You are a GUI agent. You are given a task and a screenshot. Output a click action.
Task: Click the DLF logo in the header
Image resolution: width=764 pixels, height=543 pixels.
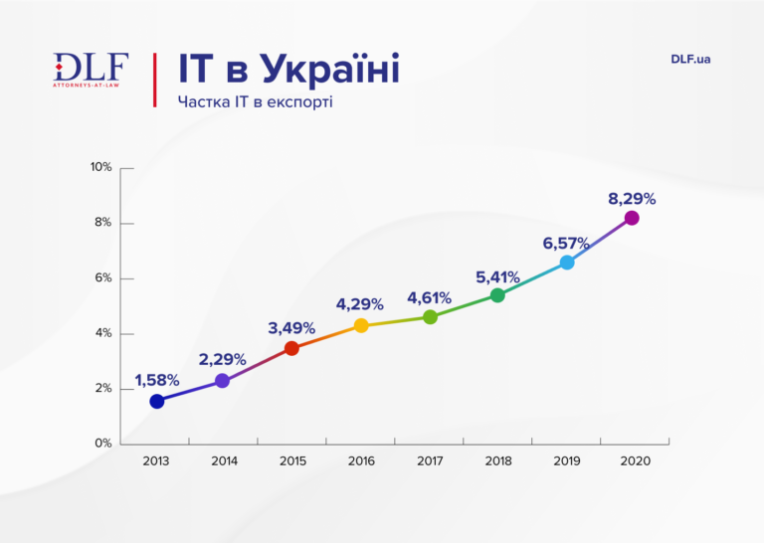91,71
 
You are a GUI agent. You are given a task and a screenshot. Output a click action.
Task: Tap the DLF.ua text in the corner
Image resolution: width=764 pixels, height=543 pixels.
690,59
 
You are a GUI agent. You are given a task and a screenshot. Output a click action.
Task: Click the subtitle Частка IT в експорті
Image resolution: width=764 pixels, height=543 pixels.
255,101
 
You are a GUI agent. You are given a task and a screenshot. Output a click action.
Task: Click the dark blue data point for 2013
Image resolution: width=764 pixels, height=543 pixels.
156,401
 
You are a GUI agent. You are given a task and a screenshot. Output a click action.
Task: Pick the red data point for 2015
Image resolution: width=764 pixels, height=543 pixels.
291,348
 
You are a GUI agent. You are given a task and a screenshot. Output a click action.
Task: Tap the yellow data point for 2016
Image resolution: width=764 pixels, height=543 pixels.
361,325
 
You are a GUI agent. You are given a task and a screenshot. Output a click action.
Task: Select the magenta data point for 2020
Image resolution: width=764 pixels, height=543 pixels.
631,218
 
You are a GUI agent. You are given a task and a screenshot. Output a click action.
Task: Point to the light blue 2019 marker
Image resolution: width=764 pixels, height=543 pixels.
567,263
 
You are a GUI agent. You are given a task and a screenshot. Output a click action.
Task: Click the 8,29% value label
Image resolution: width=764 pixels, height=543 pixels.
632,199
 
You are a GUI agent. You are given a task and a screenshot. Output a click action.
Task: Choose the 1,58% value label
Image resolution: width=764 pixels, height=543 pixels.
157,380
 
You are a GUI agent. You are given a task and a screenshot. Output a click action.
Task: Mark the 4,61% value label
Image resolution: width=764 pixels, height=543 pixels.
429,297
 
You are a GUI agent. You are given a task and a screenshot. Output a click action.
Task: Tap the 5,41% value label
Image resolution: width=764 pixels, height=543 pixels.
497,274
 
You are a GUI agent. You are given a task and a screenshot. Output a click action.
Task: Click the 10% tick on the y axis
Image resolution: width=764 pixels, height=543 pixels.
100,167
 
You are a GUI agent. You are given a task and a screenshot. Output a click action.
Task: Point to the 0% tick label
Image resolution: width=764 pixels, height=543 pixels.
103,444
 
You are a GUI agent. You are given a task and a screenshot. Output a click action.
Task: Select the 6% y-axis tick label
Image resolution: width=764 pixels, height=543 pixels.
103,278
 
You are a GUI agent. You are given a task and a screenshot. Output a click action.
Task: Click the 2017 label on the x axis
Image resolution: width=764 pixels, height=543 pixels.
430,461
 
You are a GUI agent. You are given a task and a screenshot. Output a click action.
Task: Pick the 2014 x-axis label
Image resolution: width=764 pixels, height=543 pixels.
225,461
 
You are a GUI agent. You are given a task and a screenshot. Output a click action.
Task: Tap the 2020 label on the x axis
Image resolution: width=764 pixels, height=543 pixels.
635,461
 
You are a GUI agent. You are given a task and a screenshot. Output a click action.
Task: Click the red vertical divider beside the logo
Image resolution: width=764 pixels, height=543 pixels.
154,79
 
